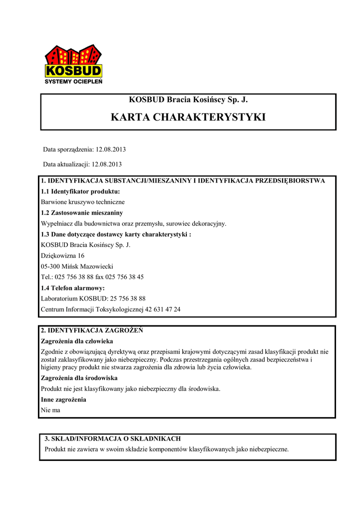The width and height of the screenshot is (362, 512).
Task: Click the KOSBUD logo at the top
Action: tap(73, 61)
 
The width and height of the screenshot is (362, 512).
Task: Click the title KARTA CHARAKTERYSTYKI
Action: tap(188, 117)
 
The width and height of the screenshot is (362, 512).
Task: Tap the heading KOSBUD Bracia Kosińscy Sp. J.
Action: tap(188, 100)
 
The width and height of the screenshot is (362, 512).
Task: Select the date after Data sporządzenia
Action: tap(111, 149)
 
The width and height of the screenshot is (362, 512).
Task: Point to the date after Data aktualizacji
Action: tap(106, 164)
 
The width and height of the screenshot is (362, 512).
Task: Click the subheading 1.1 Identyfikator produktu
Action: tap(80, 191)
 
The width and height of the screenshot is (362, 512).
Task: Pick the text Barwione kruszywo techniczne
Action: tap(82, 202)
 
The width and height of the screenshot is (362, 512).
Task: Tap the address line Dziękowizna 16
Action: tap(62, 255)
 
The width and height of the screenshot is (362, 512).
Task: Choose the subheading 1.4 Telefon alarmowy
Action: tap(72, 288)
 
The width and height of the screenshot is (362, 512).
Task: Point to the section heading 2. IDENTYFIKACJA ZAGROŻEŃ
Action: tap(92, 330)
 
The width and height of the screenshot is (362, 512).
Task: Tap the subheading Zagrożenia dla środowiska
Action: tap(79, 378)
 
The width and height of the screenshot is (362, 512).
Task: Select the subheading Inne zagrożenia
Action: tap(63, 399)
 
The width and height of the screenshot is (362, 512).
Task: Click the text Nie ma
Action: tap(50, 410)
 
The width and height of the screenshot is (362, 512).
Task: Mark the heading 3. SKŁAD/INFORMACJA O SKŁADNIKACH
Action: tap(113, 438)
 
